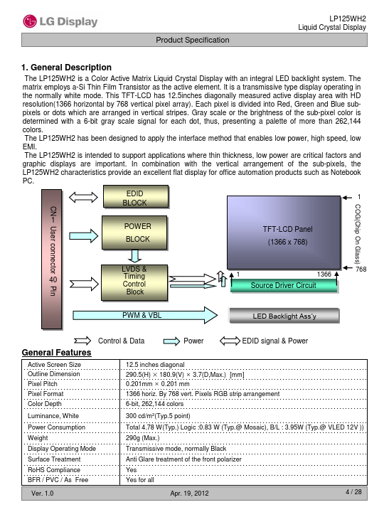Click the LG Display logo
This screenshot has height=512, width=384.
60,21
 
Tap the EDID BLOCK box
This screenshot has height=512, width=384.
136,197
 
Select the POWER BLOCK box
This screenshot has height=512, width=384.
134,233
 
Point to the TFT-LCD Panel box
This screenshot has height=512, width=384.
284,233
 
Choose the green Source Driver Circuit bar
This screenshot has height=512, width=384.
284,285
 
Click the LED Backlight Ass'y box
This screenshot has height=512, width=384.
284,316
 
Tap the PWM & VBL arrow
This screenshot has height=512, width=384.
145,315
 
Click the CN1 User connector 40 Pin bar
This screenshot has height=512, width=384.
52,260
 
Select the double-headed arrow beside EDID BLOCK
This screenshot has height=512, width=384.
83,197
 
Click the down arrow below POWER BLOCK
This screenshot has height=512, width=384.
134,256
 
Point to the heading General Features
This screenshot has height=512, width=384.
56,353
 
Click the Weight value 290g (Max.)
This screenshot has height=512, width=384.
143,438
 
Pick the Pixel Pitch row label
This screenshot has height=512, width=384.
43,384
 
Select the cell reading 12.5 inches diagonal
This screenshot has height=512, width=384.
155,364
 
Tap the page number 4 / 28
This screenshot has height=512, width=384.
353,492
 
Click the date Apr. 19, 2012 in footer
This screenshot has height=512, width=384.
189,493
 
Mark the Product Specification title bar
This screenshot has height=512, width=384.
194,40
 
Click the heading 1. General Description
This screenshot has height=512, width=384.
66,68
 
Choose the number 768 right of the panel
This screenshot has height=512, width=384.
361,269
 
